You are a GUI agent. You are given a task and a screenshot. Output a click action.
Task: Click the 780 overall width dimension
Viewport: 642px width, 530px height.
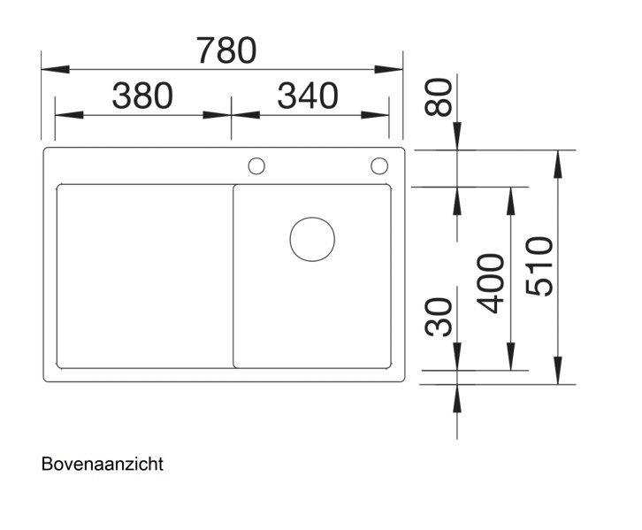[226, 50]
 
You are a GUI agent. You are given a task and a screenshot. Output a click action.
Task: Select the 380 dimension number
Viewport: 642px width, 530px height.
[142, 96]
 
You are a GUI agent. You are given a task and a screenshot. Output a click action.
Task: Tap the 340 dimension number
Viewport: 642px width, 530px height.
[308, 96]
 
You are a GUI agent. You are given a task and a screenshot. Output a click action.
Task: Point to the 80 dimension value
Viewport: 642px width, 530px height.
[439, 97]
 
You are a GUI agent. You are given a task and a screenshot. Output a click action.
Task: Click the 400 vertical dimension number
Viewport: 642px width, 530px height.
[491, 283]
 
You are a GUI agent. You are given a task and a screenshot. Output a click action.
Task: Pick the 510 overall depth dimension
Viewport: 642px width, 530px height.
[539, 266]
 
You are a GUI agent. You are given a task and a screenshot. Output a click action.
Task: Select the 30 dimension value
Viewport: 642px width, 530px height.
[439, 317]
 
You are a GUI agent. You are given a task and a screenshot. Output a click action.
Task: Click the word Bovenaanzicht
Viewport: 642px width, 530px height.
[103, 464]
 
